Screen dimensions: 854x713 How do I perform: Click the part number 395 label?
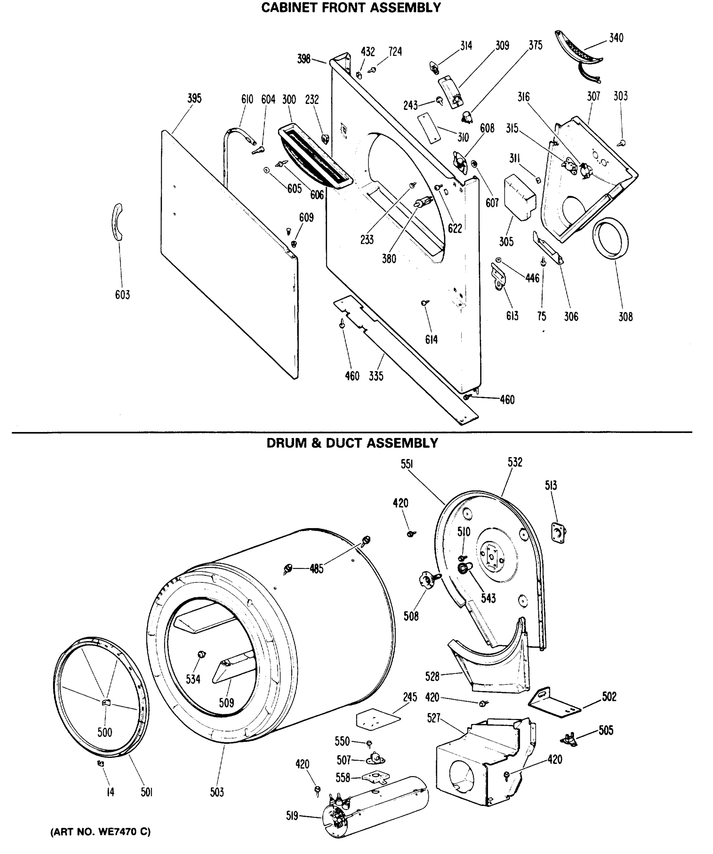pos(194,99)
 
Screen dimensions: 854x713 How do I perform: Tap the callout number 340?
pos(616,38)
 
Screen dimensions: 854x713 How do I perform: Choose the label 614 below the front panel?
pos(431,339)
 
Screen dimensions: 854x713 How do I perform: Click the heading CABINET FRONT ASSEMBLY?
pos(351,8)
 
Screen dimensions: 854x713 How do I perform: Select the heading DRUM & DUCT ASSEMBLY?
pos(352,443)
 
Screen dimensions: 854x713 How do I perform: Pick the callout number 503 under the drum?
pos(217,792)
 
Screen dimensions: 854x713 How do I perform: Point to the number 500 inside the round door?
pos(105,732)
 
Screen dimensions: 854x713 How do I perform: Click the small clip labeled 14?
pos(100,764)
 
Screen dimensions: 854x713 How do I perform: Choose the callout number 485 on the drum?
pos(316,569)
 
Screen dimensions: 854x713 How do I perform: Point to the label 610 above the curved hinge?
pos(247,99)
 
